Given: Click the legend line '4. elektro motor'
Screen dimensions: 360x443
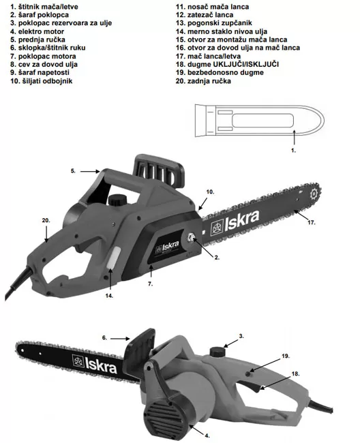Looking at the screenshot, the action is coord(37,31).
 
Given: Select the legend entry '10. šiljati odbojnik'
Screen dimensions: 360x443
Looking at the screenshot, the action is coord(42,81).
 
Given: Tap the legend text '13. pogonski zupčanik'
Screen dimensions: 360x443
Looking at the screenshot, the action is coord(213,23).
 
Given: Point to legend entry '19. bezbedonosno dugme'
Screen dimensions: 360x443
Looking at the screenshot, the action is coord(220,73).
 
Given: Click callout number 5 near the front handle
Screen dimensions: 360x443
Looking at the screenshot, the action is coord(73,171).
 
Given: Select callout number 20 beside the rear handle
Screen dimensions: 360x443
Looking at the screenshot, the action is coord(46,220).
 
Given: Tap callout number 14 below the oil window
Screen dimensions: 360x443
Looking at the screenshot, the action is coord(109,296).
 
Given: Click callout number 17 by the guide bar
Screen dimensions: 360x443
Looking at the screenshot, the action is coord(311,223).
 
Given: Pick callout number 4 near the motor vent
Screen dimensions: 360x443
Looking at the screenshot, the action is coord(207,436).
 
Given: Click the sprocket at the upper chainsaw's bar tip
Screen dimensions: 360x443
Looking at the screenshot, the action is coord(314,195).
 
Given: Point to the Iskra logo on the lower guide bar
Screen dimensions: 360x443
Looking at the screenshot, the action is coord(94,364).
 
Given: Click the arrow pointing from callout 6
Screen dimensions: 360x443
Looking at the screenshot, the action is coord(120,338).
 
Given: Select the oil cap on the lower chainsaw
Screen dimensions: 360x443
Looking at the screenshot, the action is coord(217,352).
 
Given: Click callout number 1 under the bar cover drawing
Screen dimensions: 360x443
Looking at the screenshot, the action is coord(294,151).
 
